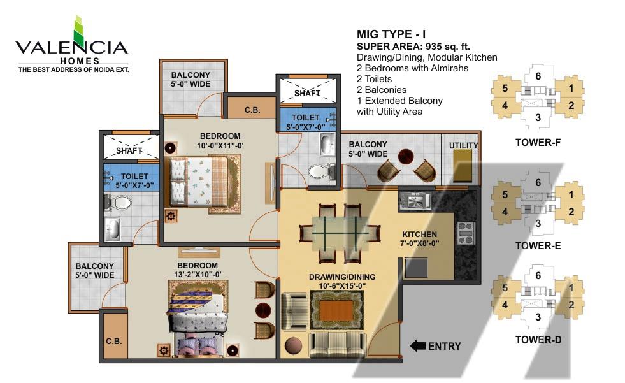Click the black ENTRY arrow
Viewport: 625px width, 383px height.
click(x=418, y=346)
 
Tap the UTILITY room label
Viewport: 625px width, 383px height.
click(x=464, y=145)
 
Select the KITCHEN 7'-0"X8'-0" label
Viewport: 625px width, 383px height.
click(x=419, y=239)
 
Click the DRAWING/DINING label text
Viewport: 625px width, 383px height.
click(x=342, y=277)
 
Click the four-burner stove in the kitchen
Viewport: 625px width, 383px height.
click(x=466, y=233)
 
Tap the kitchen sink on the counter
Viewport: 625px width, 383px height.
click(x=415, y=200)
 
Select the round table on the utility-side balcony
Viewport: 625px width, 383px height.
click(x=405, y=157)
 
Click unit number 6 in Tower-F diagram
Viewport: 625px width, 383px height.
click(x=538, y=76)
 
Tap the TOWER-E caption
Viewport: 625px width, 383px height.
click(x=538, y=245)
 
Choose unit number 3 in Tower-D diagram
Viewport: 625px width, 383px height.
click(x=538, y=317)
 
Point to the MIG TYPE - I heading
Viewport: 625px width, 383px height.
click(x=391, y=34)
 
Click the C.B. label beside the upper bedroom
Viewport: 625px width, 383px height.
click(x=252, y=110)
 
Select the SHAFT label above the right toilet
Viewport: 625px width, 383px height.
click(x=307, y=93)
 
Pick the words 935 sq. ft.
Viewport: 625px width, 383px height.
click(x=448, y=47)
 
